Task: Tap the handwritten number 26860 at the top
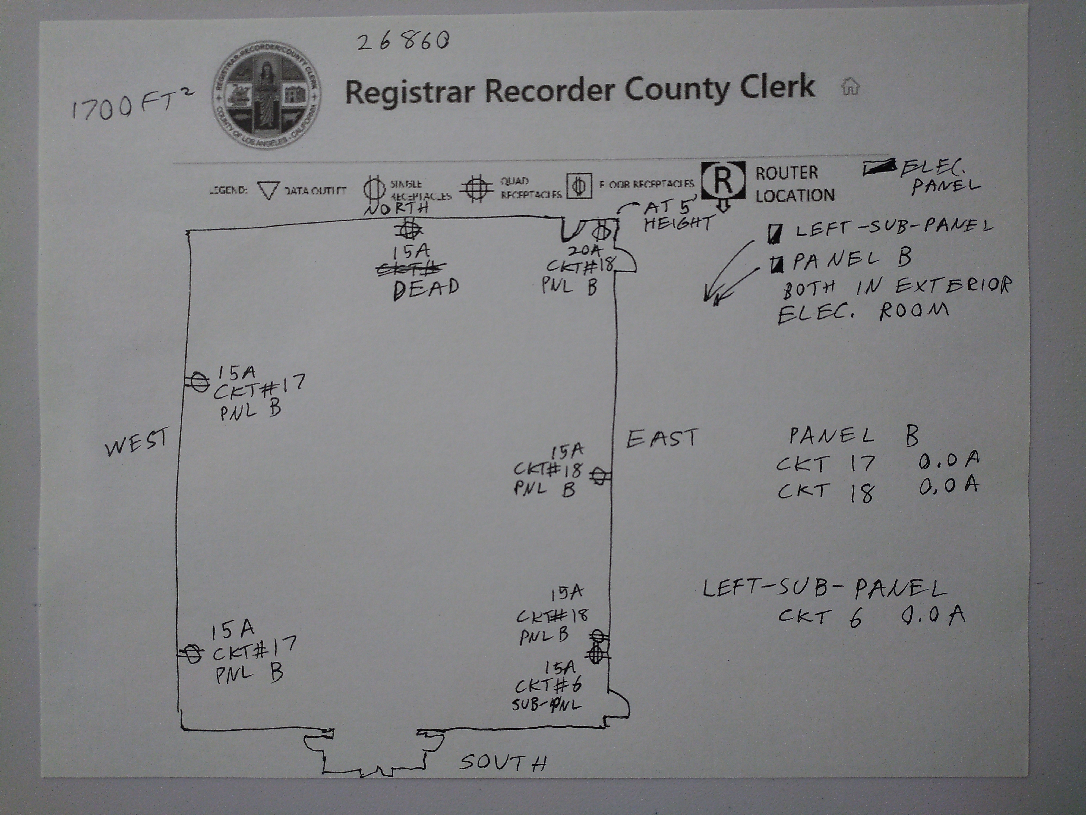(403, 42)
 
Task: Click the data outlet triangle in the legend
(268, 191)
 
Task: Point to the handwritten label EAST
(662, 438)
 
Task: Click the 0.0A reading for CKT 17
(949, 459)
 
